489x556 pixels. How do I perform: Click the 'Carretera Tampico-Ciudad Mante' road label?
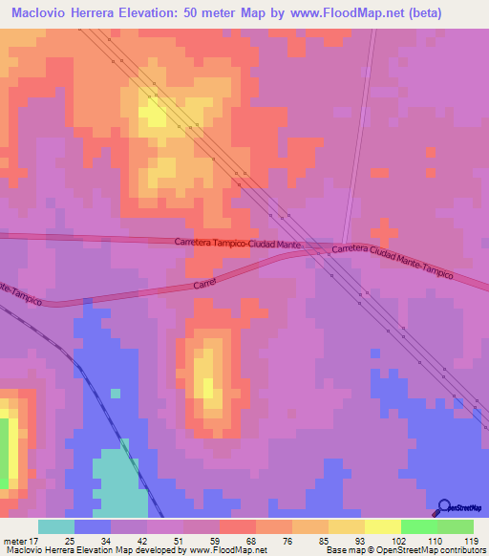click(239, 245)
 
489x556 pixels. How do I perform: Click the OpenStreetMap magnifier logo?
click(444, 507)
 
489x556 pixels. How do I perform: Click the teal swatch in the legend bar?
click(56, 527)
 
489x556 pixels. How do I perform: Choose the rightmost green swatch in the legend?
click(455, 527)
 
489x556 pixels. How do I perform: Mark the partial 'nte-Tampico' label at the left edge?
click(21, 293)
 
